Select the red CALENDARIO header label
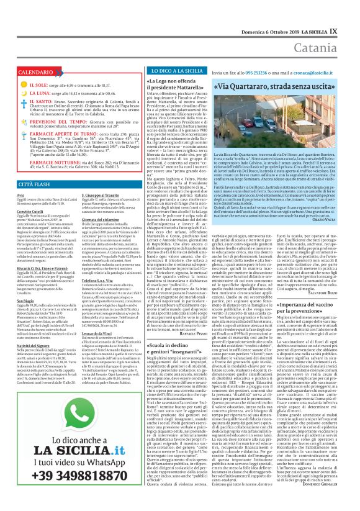pyautogui.click(x=31, y=73)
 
